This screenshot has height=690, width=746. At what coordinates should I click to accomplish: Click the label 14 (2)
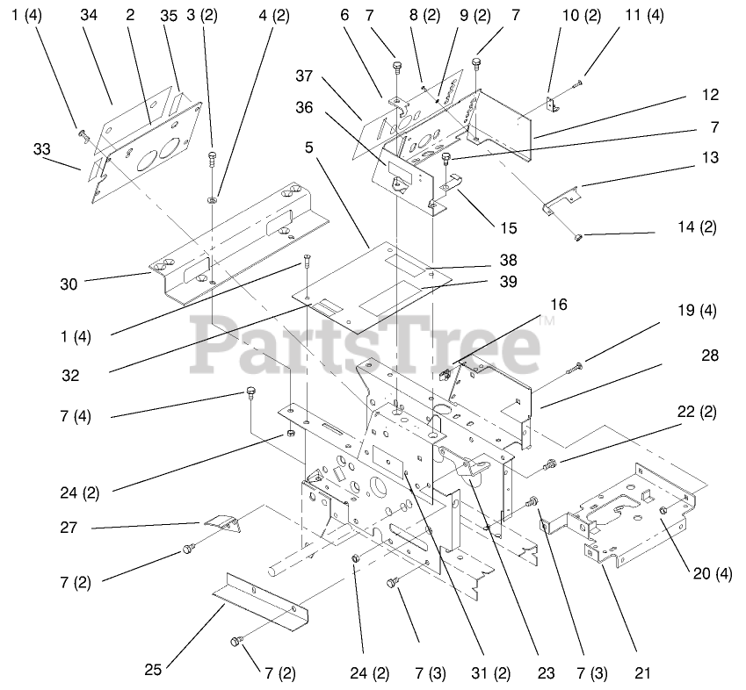(x=698, y=226)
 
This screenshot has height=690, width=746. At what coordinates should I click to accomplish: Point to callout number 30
(x=69, y=284)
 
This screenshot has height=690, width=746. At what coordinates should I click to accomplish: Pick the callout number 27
(x=69, y=528)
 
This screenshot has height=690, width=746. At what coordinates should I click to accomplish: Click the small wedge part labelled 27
(x=224, y=523)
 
